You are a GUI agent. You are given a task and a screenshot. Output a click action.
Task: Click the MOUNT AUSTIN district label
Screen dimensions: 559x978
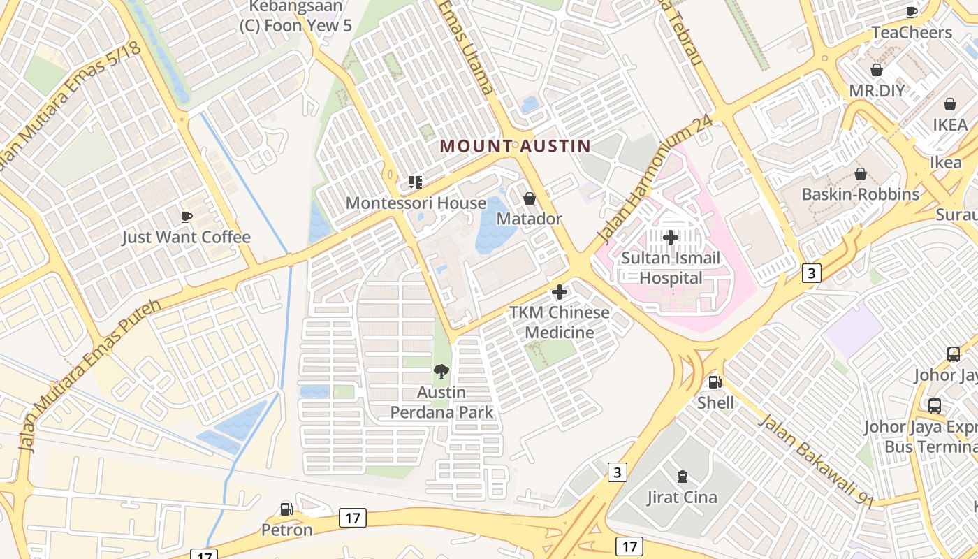[515, 146]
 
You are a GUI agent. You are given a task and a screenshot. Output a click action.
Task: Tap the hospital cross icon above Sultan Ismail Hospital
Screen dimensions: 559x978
[671, 238]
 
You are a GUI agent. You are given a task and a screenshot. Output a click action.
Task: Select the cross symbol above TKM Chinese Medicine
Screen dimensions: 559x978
[560, 292]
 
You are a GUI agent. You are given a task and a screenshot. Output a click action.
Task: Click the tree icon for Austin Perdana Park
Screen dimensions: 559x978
[441, 372]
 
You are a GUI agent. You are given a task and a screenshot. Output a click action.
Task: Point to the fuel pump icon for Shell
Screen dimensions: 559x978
[715, 382]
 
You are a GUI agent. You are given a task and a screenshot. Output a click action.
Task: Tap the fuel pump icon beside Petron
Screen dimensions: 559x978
[286, 509]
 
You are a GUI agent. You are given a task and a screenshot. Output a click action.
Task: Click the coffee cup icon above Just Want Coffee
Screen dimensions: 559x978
[186, 217]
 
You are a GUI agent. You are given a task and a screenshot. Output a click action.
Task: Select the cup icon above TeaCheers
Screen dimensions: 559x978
[912, 12]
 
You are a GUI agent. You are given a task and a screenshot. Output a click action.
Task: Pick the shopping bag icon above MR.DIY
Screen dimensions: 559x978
[877, 71]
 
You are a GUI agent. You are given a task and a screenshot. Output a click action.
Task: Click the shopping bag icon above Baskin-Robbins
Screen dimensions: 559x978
[861, 174]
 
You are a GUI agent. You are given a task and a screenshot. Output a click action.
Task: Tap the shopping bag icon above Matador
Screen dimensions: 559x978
[530, 198]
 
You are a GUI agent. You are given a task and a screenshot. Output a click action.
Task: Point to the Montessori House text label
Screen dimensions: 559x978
[416, 203]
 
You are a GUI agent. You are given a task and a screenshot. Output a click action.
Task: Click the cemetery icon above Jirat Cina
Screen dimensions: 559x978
[682, 477]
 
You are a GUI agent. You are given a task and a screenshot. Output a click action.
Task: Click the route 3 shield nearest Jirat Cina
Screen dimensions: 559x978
[617, 472]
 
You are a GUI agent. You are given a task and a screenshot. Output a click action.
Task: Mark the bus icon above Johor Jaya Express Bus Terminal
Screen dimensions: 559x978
[935, 406]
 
